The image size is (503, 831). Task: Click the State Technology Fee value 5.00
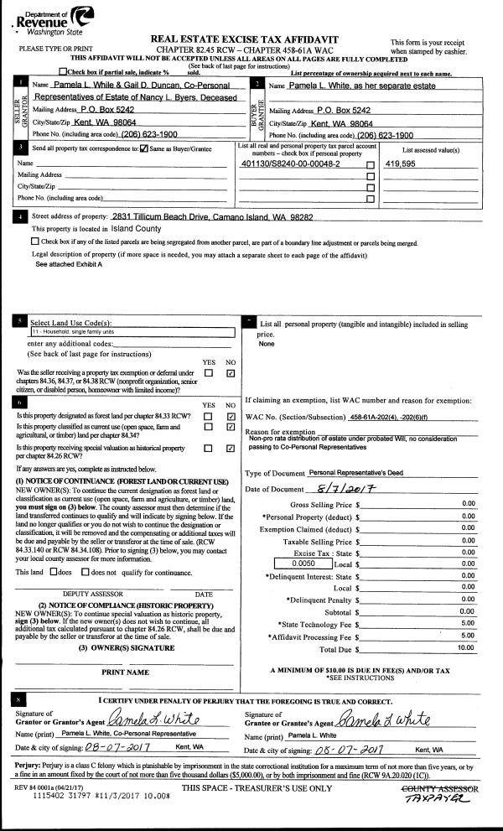click(469, 623)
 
